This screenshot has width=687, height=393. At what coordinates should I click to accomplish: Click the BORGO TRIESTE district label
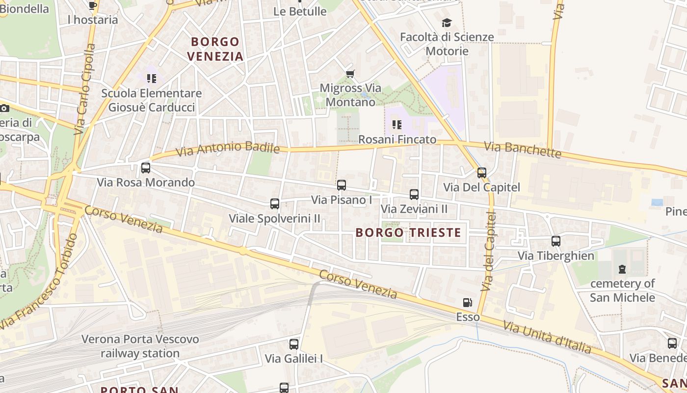408,232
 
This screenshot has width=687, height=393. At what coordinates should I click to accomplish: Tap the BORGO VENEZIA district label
216,49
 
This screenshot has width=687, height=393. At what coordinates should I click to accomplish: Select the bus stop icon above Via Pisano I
342,185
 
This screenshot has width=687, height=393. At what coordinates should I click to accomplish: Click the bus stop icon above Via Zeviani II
414,195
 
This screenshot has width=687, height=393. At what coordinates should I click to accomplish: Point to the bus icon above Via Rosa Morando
146,168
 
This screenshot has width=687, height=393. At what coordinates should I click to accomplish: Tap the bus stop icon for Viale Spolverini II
275,203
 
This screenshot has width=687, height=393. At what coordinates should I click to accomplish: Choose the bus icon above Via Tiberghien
556,241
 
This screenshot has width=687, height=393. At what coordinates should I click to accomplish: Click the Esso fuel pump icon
468,303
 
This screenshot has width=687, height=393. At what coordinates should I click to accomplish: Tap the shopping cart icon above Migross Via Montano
350,74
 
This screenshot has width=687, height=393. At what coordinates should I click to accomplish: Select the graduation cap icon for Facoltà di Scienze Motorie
447,23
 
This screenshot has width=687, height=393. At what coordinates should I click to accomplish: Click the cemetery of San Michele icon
622,269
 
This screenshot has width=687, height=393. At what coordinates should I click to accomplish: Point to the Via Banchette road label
523,149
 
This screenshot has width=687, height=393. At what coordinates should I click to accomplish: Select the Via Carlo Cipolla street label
84,88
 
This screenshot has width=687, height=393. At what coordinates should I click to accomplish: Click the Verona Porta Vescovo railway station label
140,346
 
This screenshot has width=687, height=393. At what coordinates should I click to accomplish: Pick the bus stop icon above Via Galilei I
294,344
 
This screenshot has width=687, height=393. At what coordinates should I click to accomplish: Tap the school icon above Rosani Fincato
397,125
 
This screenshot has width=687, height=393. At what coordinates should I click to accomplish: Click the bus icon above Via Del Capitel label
482,173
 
